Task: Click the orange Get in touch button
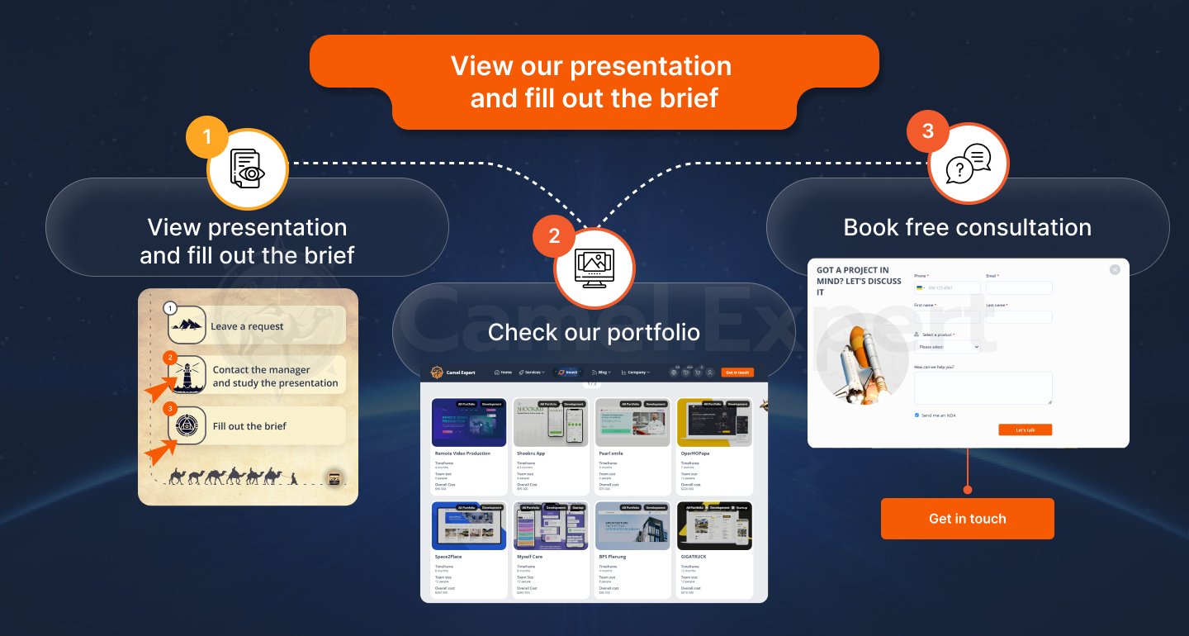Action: point(967,519)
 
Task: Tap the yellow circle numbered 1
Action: point(206,136)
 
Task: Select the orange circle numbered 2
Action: point(554,237)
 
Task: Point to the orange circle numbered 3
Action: point(928,131)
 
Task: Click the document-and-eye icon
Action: point(247,169)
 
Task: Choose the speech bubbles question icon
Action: point(968,164)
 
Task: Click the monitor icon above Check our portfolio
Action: point(594,268)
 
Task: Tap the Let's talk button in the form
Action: point(1025,430)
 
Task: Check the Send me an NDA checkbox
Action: point(917,415)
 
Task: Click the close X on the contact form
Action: point(1115,269)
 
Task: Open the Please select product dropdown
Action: point(946,347)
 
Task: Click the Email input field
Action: point(1019,288)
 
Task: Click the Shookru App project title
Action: point(531,453)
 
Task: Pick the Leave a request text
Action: point(247,326)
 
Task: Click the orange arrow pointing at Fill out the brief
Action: point(160,451)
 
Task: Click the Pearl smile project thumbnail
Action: point(632,422)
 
